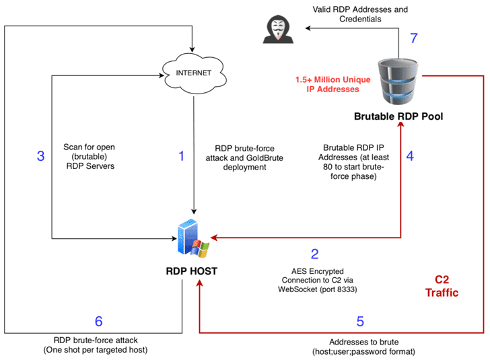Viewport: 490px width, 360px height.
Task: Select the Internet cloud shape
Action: (193, 72)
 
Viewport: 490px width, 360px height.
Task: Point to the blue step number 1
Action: (180, 156)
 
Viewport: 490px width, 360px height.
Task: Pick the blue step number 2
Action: (314, 254)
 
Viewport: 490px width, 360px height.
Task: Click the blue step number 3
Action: (40, 156)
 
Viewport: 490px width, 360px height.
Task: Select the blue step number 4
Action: (411, 155)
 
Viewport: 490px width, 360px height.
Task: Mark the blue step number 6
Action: (98, 321)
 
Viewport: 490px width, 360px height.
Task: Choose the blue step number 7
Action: (413, 38)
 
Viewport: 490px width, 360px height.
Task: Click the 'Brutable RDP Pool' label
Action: (398, 117)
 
